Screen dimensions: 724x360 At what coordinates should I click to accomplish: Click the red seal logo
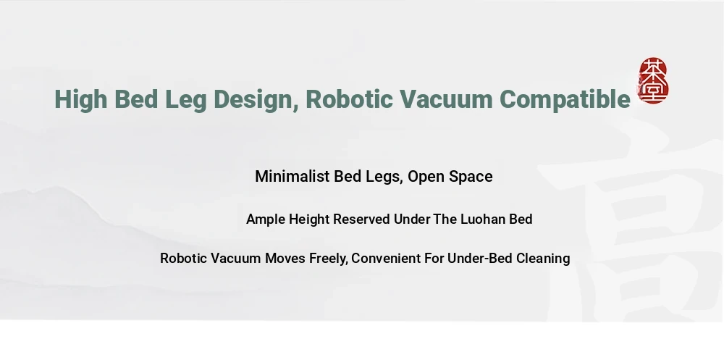pyautogui.click(x=653, y=80)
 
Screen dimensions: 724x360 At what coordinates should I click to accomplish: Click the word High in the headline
pyautogui.click(x=81, y=100)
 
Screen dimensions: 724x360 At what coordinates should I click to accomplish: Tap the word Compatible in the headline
pyautogui.click(x=565, y=100)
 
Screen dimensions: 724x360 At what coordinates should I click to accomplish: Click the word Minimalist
pyautogui.click(x=292, y=176)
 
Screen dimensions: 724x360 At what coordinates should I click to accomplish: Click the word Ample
pyautogui.click(x=266, y=219)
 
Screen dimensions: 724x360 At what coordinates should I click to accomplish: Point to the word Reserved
pyautogui.click(x=361, y=219)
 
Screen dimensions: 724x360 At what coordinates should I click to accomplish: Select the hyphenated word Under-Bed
pyautogui.click(x=480, y=259)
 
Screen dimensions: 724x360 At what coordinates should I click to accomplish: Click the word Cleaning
pyautogui.click(x=543, y=259)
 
